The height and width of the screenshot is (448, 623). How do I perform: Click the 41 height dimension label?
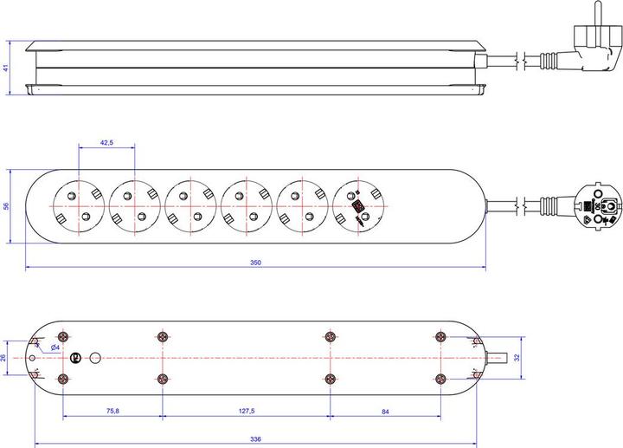tap(6, 67)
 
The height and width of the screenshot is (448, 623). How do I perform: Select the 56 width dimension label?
tap(6, 206)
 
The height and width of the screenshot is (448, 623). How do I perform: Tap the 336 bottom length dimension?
tap(256, 439)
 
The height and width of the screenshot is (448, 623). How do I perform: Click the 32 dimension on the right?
tap(517, 357)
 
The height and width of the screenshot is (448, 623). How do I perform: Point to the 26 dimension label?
tap(5, 357)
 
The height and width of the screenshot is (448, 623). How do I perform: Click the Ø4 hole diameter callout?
tap(55, 347)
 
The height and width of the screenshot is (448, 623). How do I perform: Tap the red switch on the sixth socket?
tap(356, 208)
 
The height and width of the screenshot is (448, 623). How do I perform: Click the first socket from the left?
tap(79, 206)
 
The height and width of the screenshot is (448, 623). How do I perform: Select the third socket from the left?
tap(190, 206)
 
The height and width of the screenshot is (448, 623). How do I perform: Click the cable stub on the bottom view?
tap(497, 357)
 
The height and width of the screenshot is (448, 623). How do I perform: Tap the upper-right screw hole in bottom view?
tap(440, 336)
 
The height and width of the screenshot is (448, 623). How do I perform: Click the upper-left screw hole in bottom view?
tap(63, 336)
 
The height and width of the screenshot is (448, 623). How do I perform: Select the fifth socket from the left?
tap(302, 206)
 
